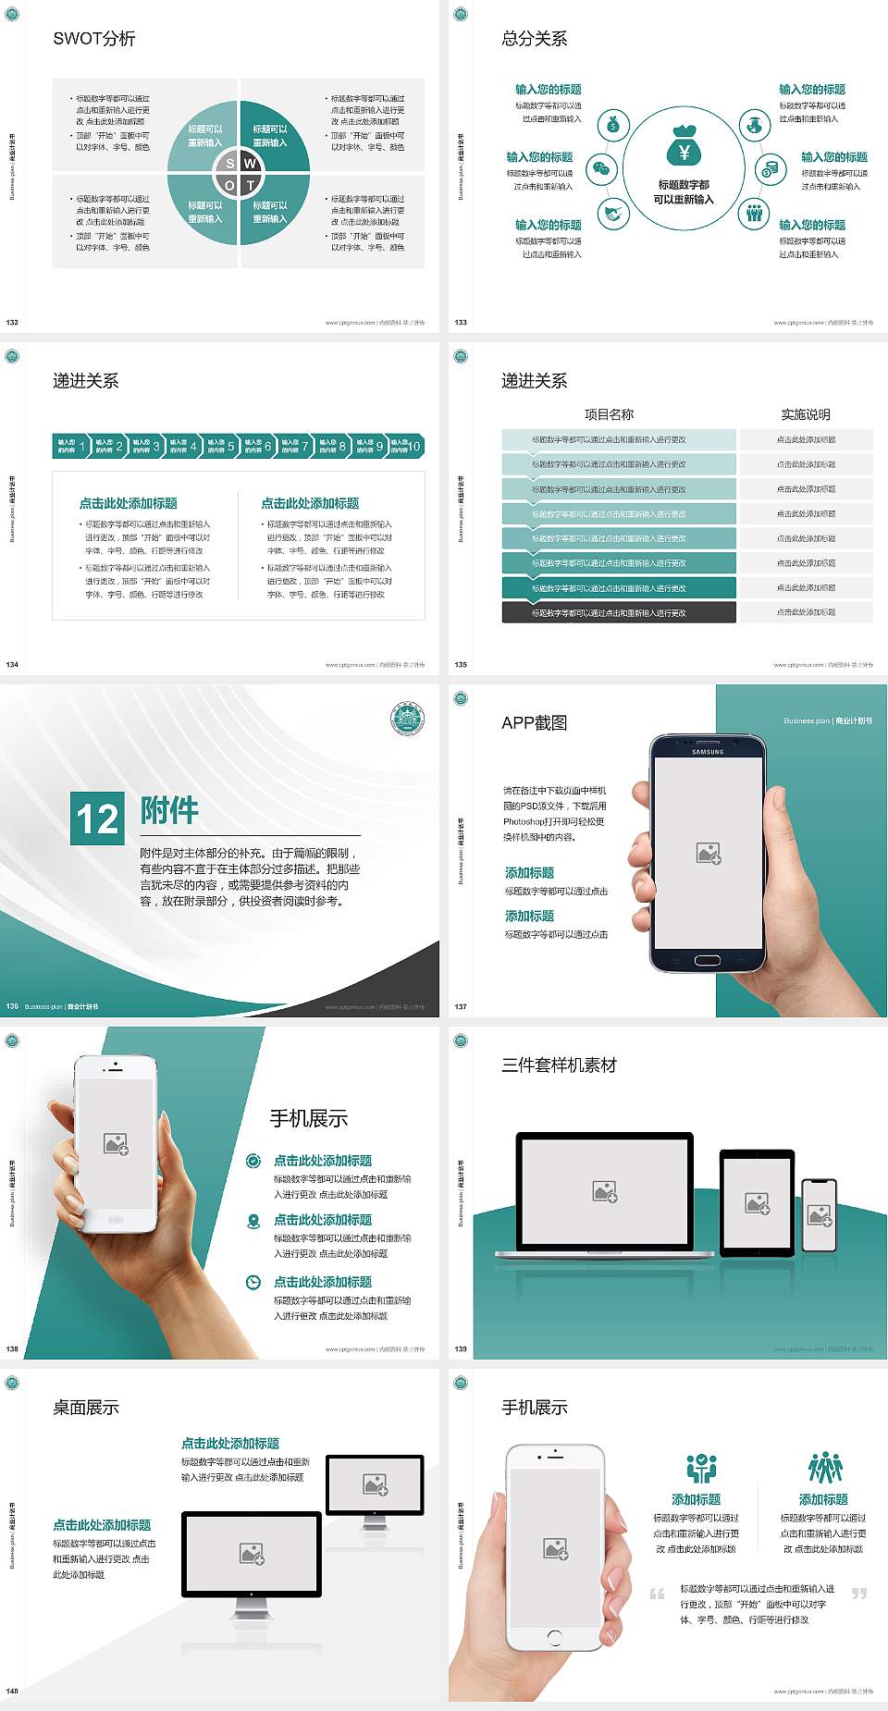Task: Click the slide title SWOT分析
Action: (x=94, y=39)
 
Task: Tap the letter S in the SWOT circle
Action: (x=230, y=164)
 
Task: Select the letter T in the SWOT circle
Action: (x=251, y=185)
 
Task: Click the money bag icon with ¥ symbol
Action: (x=684, y=146)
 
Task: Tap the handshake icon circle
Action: (x=613, y=215)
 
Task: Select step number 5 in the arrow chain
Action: (x=231, y=447)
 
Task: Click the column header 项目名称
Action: (x=609, y=414)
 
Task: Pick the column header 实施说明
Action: (x=806, y=414)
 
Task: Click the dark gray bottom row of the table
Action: (x=619, y=612)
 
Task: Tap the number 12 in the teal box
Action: (x=97, y=819)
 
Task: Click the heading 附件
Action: (x=169, y=810)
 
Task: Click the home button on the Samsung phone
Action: (x=708, y=960)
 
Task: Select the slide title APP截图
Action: (x=534, y=723)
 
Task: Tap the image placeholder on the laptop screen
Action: (x=605, y=1191)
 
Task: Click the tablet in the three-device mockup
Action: (x=757, y=1202)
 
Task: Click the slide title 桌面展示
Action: (x=86, y=1408)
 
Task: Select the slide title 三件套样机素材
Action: (x=559, y=1065)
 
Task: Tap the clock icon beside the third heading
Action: (x=253, y=1282)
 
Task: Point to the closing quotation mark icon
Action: (x=859, y=1594)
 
